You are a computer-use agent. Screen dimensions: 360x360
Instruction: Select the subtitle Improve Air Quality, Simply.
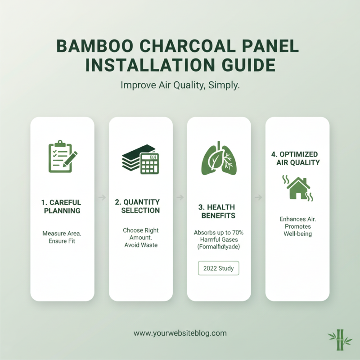[180, 85]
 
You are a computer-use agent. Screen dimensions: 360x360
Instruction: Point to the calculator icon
[150, 163]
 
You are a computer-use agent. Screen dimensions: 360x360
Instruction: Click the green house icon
[298, 188]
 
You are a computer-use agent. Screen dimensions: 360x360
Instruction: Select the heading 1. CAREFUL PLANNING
[62, 207]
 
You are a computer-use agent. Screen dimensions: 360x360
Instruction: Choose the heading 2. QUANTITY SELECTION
[140, 207]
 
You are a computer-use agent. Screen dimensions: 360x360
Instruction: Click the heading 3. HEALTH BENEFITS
[219, 211]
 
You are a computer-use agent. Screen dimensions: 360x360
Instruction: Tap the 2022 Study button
[219, 269]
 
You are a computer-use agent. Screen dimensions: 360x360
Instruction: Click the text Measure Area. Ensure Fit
[62, 237]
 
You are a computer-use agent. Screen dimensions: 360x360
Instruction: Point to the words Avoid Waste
[141, 245]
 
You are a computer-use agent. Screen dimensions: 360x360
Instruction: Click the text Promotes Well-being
[297, 230]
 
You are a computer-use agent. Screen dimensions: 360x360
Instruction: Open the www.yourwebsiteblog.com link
[180, 333]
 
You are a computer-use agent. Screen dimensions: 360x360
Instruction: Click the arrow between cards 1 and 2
[102, 197]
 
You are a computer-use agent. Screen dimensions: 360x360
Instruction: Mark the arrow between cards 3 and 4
[258, 197]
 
